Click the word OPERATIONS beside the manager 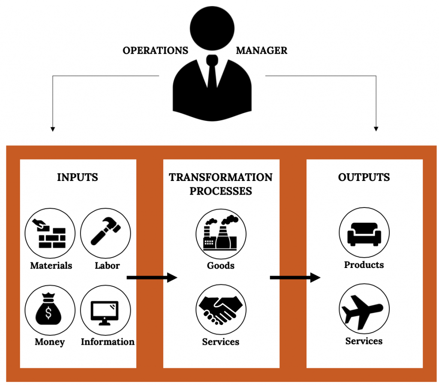tap(155, 51)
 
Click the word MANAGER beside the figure tap(262, 51)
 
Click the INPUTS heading tap(78, 177)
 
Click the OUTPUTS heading tap(364, 177)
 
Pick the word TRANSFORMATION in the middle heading tap(220, 177)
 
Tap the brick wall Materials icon tap(50, 235)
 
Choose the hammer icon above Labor tap(105, 235)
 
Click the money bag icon tap(50, 310)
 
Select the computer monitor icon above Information tap(105, 310)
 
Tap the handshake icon tap(221, 310)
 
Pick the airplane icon tap(364, 310)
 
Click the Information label tap(108, 342)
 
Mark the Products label tap(364, 265)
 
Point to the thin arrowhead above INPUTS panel tap(53, 128)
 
